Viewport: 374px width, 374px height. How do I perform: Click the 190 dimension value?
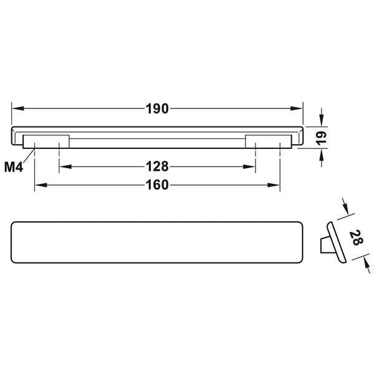click(157, 109)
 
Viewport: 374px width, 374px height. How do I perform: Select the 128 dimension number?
click(157, 166)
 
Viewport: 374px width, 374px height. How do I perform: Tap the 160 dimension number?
click(157, 185)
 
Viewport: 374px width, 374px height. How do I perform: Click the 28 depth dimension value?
click(355, 238)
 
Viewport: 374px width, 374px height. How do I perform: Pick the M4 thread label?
click(13, 167)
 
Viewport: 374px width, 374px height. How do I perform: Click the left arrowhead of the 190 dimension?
click(17, 109)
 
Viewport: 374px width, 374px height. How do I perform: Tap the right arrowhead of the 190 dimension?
click(298, 109)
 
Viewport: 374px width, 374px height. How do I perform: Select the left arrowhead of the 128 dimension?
click(63, 166)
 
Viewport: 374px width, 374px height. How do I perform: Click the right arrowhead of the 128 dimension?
click(252, 166)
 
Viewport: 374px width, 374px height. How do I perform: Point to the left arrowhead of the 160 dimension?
click(39, 185)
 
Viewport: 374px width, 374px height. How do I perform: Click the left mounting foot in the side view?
click(46, 141)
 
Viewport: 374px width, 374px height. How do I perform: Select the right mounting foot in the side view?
click(268, 141)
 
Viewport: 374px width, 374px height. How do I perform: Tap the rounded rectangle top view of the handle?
click(157, 241)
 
